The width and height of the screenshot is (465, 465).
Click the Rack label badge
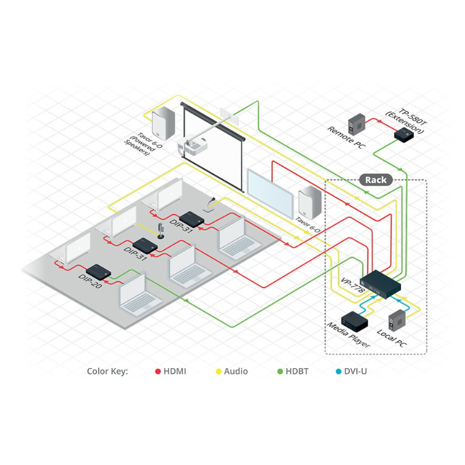pyautogui.click(x=376, y=180)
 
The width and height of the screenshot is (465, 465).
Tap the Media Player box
pyautogui.click(x=354, y=321)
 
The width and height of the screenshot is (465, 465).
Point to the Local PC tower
pyautogui.click(x=397, y=320)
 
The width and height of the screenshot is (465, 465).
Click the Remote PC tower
pyautogui.click(x=357, y=124)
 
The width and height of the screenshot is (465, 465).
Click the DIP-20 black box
pyautogui.click(x=99, y=272)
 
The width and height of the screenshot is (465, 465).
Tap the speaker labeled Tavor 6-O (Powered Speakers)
pyautogui.click(x=163, y=124)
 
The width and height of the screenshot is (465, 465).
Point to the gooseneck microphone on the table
pyautogui.click(x=209, y=205)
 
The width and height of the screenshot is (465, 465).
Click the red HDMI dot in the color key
pyautogui.click(x=158, y=371)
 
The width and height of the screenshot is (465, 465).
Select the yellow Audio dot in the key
pyautogui.click(x=219, y=371)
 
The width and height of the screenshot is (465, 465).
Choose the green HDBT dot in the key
pyautogui.click(x=280, y=371)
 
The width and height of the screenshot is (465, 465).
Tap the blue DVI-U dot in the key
pyautogui.click(x=338, y=371)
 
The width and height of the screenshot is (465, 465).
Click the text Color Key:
pyautogui.click(x=107, y=371)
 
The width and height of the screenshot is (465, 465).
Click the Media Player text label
pyautogui.click(x=349, y=335)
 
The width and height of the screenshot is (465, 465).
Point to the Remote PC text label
pyautogui.click(x=346, y=137)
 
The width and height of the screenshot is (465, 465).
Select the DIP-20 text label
pyautogui.click(x=90, y=281)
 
